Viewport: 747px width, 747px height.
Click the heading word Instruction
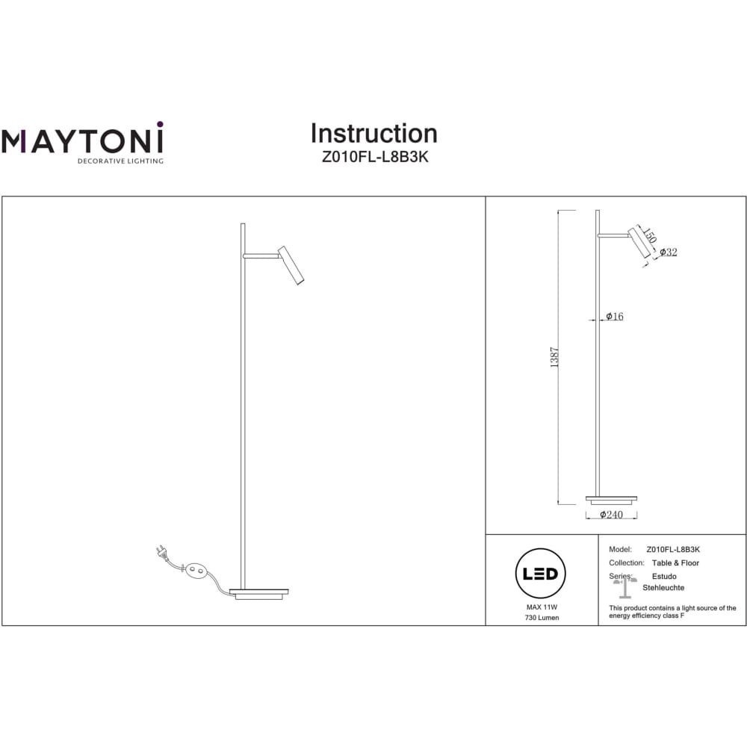(x=374, y=134)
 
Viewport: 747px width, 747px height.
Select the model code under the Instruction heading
(x=375, y=157)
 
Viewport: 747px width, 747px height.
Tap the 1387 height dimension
(x=554, y=357)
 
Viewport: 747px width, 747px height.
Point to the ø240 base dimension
(x=611, y=515)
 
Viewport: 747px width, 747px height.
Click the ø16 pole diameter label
(x=615, y=316)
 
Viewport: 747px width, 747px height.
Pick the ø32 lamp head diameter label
(x=669, y=252)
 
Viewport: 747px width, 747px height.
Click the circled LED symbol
(x=540, y=573)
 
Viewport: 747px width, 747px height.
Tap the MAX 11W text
(x=542, y=607)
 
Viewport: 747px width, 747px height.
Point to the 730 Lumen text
(x=542, y=618)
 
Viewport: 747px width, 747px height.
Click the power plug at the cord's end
(x=162, y=552)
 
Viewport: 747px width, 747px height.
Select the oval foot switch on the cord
(x=196, y=570)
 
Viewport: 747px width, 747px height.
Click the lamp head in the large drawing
(x=291, y=266)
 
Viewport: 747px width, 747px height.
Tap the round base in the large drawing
(x=258, y=594)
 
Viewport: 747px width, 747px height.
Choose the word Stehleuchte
(x=663, y=588)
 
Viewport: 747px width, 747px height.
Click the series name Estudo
(x=664, y=577)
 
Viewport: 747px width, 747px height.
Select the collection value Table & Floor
(x=675, y=563)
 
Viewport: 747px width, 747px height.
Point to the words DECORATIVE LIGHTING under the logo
(x=120, y=161)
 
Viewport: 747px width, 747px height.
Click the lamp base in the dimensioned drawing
(x=611, y=500)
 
